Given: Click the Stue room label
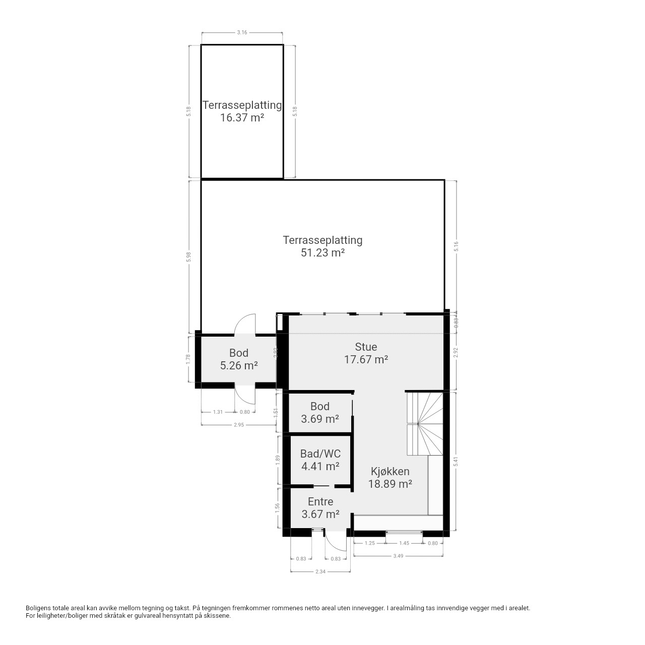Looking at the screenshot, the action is pyautogui.click(x=366, y=347).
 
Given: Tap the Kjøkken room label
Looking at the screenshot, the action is pyautogui.click(x=390, y=471).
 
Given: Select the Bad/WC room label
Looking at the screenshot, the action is pyautogui.click(x=320, y=454).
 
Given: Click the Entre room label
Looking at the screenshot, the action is pyautogui.click(x=320, y=501).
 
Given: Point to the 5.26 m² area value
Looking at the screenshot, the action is pyautogui.click(x=239, y=365).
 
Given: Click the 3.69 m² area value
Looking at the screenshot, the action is pyautogui.click(x=320, y=419).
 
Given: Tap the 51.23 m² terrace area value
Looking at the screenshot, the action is pyautogui.click(x=322, y=253).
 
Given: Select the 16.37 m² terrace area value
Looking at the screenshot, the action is pyautogui.click(x=242, y=117).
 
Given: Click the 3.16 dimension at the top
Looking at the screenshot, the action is pyautogui.click(x=242, y=32).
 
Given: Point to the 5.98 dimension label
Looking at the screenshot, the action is pyautogui.click(x=189, y=257).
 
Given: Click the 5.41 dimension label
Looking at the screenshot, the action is pyautogui.click(x=455, y=462).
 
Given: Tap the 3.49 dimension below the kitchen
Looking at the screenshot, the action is pyautogui.click(x=398, y=556).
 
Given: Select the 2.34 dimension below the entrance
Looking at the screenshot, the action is pyautogui.click(x=320, y=571).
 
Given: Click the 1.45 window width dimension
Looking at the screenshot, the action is pyautogui.click(x=404, y=543).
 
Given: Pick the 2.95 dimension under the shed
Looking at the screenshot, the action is pyautogui.click(x=239, y=425).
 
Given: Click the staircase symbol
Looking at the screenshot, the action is pyautogui.click(x=425, y=424).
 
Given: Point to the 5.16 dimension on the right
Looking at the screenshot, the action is pyautogui.click(x=456, y=247).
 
